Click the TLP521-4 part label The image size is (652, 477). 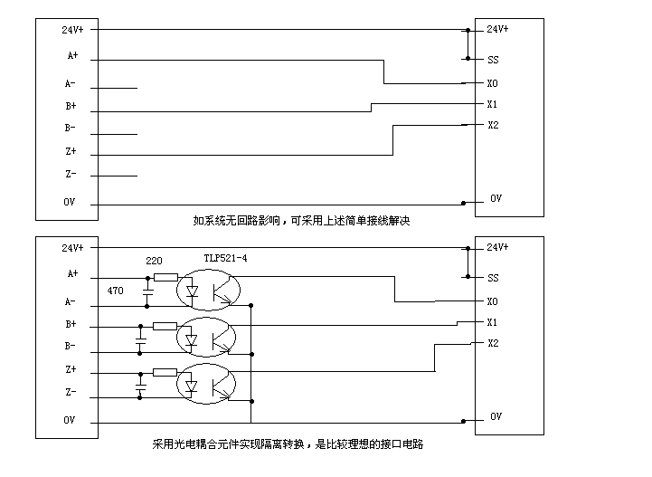pyautogui.click(x=225, y=258)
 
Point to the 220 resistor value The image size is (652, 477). pyautogui.click(x=154, y=261)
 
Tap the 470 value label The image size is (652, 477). pyautogui.click(x=115, y=291)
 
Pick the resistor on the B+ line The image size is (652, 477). pyautogui.click(x=165, y=326)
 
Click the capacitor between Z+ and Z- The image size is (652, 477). pyautogui.click(x=140, y=383)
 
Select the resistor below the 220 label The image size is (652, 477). pyautogui.click(x=165, y=277)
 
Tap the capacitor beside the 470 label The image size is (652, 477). pyautogui.click(x=146, y=291)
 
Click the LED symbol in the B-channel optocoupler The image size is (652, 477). pyautogui.click(x=191, y=340)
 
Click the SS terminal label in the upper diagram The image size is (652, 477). pyautogui.click(x=493, y=60)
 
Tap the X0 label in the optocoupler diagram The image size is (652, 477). pyautogui.click(x=493, y=301)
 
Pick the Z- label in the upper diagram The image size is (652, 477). pyautogui.click(x=71, y=174)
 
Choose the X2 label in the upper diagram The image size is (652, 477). pyautogui.click(x=493, y=125)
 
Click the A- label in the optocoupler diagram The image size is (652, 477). pyautogui.click(x=71, y=301)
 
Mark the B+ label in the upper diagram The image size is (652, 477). pyautogui.click(x=71, y=106)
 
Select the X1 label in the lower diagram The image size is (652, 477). pyautogui.click(x=493, y=322)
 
